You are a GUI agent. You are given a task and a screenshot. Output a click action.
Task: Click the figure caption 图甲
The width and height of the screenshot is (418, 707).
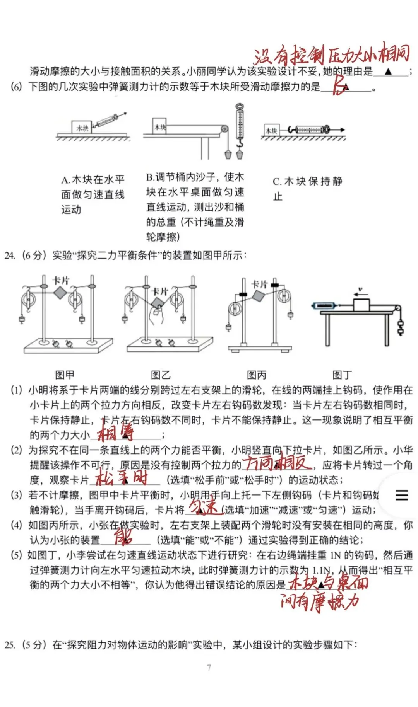(65, 375)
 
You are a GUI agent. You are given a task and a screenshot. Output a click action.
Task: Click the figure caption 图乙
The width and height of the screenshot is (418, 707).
(161, 375)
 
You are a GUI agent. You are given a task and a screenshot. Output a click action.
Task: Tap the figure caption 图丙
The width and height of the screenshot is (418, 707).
(256, 375)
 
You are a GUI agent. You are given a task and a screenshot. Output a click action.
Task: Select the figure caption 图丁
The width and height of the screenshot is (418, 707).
(342, 375)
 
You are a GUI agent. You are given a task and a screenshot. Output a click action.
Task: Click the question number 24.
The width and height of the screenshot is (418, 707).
(10, 256)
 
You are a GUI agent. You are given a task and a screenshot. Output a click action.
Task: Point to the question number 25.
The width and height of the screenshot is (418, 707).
(10, 644)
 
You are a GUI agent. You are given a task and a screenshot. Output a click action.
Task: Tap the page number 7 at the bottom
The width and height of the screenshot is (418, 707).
(209, 667)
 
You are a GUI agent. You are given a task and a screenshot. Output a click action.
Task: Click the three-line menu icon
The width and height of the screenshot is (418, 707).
(402, 495)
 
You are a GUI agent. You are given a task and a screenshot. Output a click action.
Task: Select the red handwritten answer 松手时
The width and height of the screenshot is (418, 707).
(122, 478)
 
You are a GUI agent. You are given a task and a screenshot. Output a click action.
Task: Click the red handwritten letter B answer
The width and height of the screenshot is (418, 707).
(339, 85)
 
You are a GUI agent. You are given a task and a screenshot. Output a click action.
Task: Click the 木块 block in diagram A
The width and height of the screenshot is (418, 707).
(82, 128)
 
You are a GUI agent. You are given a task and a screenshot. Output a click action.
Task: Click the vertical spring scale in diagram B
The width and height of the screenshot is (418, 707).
(240, 124)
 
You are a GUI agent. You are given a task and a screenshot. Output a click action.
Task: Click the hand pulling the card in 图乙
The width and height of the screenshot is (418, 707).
(156, 317)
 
